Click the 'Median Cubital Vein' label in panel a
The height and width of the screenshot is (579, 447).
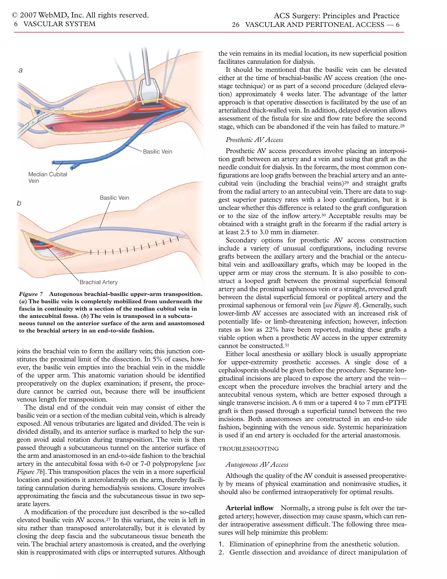tap(48, 177)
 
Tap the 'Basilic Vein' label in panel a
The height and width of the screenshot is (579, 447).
tap(158, 152)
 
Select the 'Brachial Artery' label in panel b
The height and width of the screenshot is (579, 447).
tap(98, 282)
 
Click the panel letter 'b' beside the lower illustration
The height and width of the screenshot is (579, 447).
tap(19, 203)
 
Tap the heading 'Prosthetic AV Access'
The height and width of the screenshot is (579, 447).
tap(254, 140)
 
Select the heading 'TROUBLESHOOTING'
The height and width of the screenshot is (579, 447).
tap(248, 449)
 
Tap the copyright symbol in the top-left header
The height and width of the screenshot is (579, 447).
tap(15, 15)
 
